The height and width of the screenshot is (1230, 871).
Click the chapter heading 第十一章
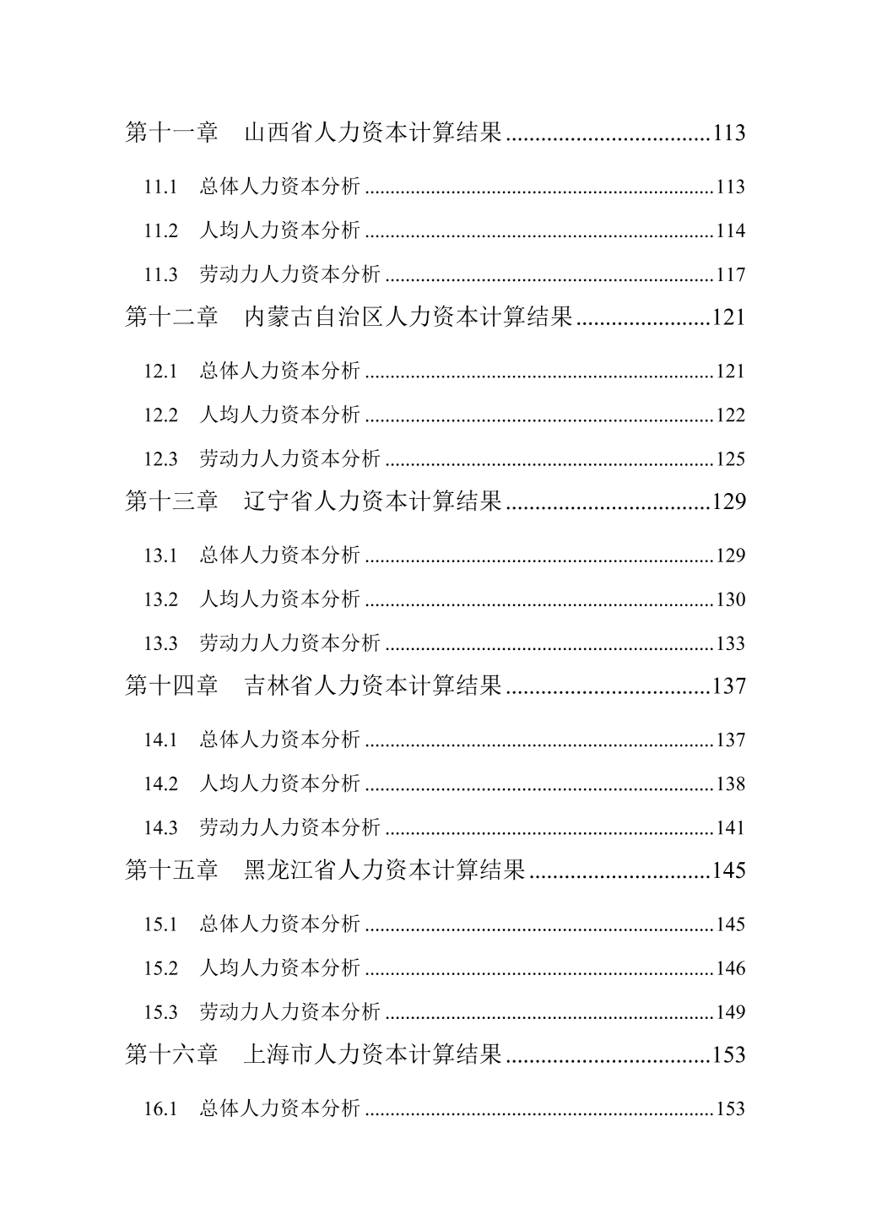tap(172, 133)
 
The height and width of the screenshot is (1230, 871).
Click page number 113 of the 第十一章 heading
tap(728, 133)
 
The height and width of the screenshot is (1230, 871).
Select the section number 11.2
tap(160, 230)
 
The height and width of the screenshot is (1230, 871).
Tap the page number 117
tap(730, 274)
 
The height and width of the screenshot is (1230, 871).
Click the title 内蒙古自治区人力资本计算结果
tap(408, 317)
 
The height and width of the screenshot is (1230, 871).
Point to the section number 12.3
tap(160, 459)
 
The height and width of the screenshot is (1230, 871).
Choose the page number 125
tap(730, 459)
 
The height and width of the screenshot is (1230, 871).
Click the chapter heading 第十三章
tap(172, 501)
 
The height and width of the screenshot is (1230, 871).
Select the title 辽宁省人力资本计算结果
tap(373, 501)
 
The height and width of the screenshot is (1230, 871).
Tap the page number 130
tap(730, 599)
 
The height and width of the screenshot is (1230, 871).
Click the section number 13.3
tap(160, 643)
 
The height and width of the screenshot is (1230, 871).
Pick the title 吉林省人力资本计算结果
tap(373, 685)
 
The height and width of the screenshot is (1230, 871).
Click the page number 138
tap(730, 783)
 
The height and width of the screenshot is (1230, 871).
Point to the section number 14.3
tap(160, 827)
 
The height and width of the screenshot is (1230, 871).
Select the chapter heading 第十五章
tap(172, 870)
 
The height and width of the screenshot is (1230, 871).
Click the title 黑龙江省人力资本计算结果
tap(385, 870)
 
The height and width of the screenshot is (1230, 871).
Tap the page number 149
tap(730, 1011)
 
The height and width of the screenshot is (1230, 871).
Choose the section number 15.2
tap(160, 968)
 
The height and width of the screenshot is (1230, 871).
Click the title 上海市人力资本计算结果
tap(373, 1054)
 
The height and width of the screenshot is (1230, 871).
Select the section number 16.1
tap(160, 1108)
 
